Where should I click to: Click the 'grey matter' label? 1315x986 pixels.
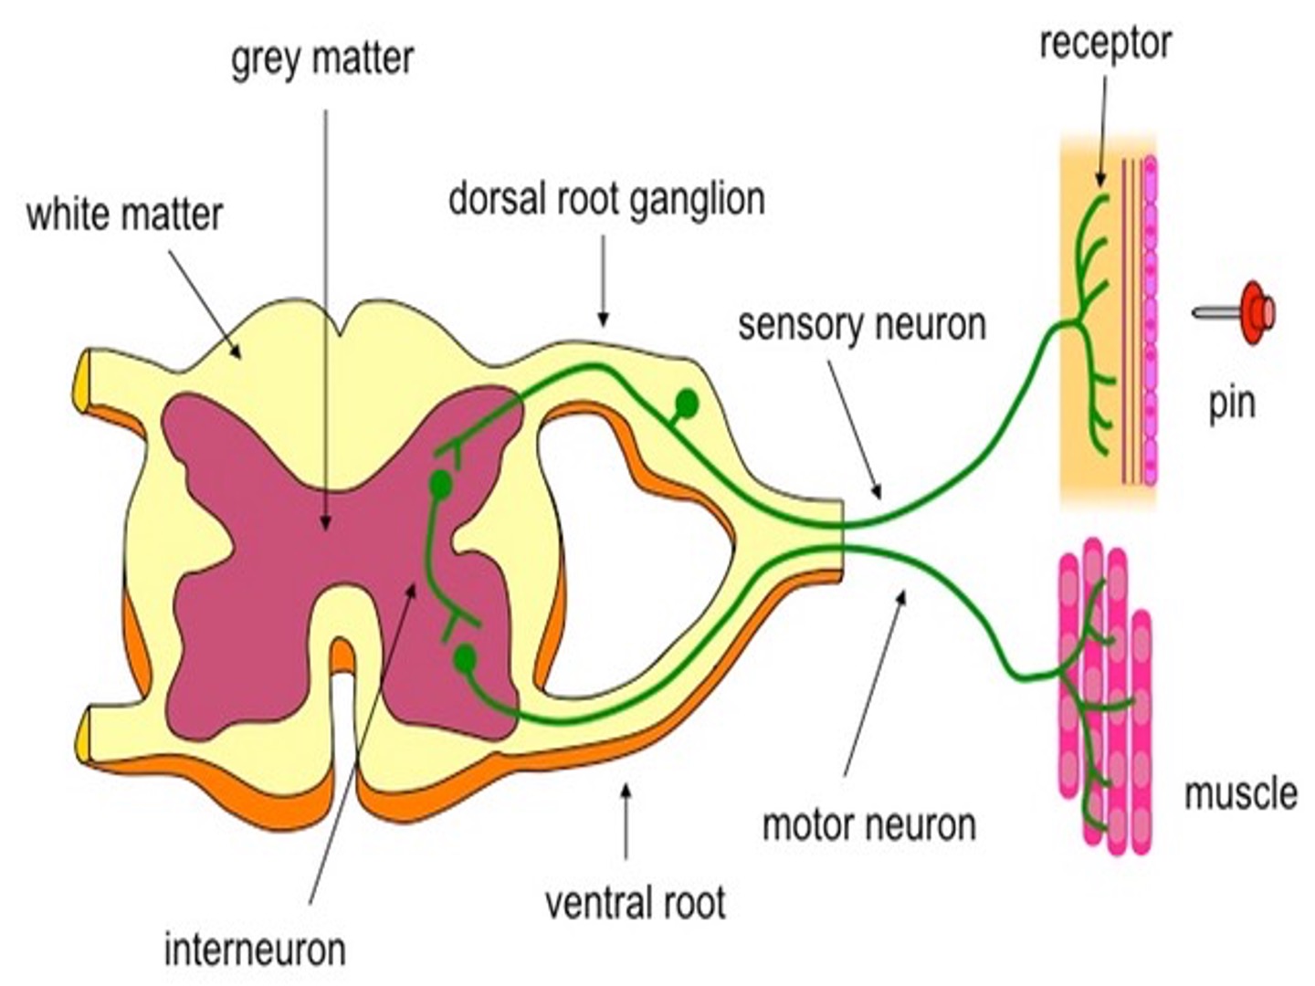pos(322,60)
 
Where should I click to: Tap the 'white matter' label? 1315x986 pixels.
pos(124,215)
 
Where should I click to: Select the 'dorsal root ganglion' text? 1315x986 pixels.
pos(606,201)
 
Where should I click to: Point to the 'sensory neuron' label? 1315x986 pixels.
pos(862,325)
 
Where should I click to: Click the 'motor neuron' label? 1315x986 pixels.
pos(869,825)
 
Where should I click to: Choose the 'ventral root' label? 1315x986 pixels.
pos(635,903)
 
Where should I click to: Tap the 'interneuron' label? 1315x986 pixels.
pos(255,949)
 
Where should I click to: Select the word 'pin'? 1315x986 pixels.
pos(1232,404)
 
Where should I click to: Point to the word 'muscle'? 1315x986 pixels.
pos(1241,794)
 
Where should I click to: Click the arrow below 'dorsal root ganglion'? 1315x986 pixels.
pos(604,281)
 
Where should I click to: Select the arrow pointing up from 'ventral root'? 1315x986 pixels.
pos(626,823)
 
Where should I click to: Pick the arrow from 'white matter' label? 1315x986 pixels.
pos(205,305)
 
